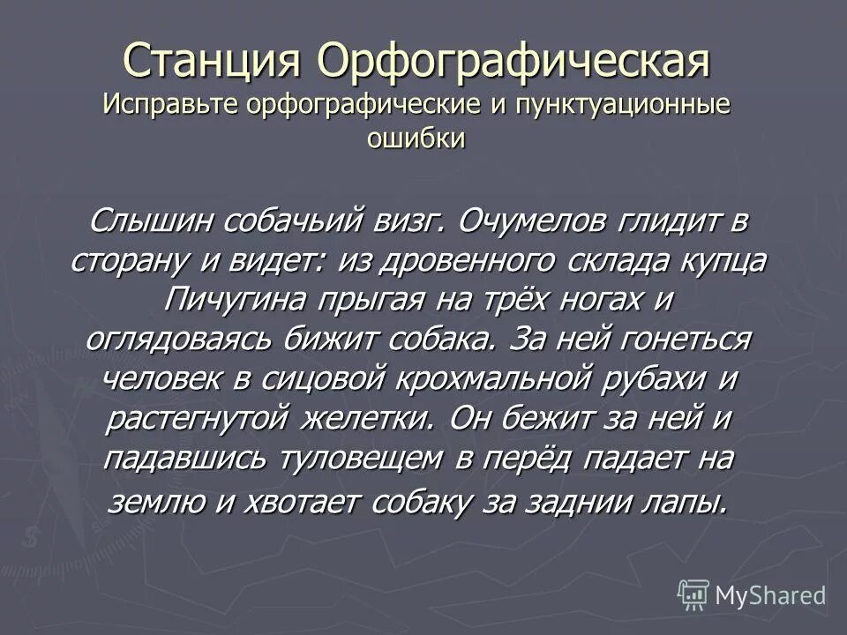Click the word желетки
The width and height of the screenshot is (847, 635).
click(366, 419)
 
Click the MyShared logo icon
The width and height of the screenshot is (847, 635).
click(694, 594)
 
